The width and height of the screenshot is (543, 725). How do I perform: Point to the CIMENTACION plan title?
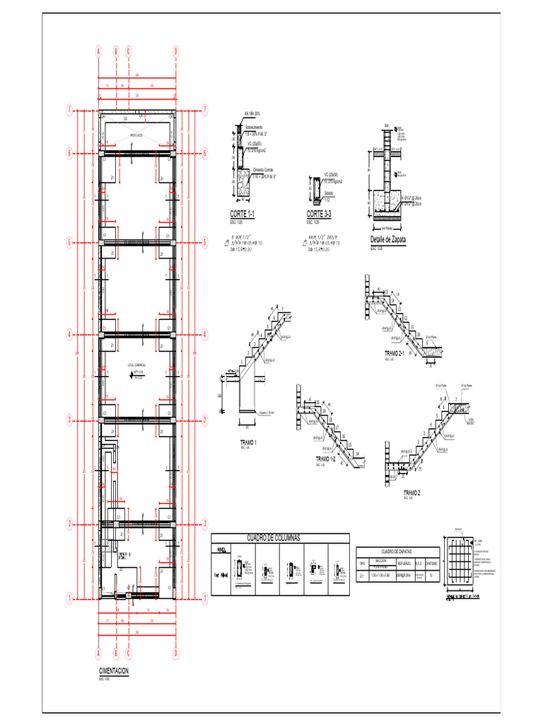point(114,671)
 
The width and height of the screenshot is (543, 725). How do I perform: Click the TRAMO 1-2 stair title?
point(329,459)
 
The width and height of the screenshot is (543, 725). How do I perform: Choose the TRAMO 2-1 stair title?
point(394,353)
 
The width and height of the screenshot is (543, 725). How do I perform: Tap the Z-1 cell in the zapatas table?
point(363,576)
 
